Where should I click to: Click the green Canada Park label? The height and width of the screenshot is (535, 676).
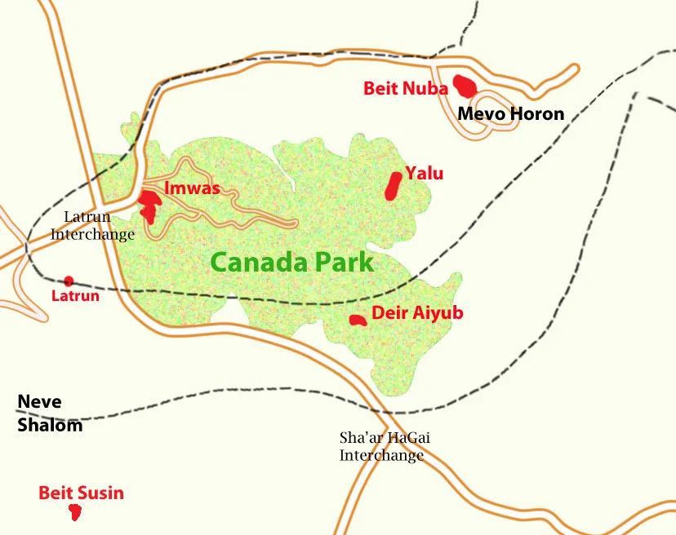[291, 263]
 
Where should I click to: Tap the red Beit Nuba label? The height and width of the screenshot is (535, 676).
[406, 89]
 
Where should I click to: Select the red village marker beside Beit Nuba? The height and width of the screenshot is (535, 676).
[465, 85]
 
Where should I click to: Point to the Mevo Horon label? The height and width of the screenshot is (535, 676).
[510, 113]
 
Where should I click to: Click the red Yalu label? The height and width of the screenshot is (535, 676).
[425, 173]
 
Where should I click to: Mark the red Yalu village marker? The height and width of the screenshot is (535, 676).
[394, 186]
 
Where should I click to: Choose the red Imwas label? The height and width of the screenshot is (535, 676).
[193, 188]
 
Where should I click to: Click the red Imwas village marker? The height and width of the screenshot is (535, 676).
[149, 205]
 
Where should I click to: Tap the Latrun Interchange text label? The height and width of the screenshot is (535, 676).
[92, 225]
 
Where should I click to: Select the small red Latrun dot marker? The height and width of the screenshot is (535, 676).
[69, 281]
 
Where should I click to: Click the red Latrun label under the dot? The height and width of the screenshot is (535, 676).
[75, 296]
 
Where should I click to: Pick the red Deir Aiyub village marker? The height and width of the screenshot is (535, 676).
[357, 320]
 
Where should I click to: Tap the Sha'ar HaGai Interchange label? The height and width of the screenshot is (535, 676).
[385, 446]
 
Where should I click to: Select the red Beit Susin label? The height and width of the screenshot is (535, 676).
[81, 493]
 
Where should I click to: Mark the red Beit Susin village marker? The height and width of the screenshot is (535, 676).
[75, 512]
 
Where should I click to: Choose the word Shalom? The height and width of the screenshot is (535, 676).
[50, 425]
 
